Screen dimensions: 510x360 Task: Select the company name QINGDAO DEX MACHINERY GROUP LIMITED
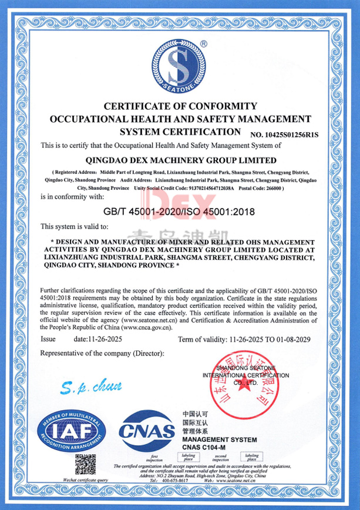point(181,159)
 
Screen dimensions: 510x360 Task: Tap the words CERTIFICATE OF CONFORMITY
point(180,106)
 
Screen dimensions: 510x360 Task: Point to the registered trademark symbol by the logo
point(204,44)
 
